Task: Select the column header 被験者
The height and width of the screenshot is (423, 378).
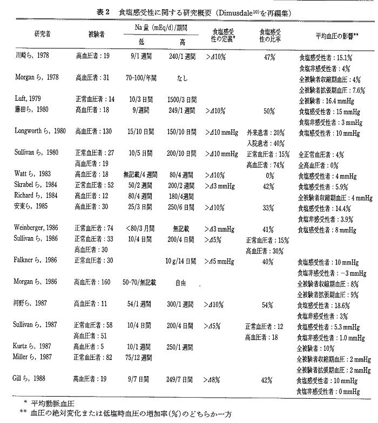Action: coord(96,34)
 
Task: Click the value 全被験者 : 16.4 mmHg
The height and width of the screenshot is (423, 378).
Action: coord(328,100)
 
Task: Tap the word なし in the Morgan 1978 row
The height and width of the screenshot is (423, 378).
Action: coord(182,78)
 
